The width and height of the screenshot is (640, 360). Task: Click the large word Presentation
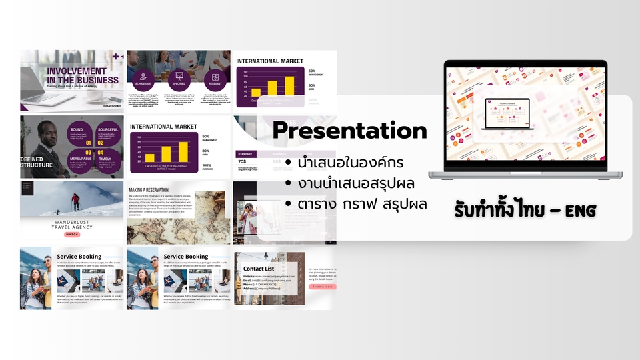[349, 130]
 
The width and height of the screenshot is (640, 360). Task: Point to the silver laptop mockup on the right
[526, 120]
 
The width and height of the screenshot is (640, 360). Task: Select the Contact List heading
[259, 269]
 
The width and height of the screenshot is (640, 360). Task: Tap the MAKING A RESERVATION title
[150, 189]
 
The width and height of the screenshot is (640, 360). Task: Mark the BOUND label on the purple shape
[76, 130]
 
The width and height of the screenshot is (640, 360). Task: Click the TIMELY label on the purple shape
[105, 159]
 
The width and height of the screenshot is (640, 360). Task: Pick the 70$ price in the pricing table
[243, 161]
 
